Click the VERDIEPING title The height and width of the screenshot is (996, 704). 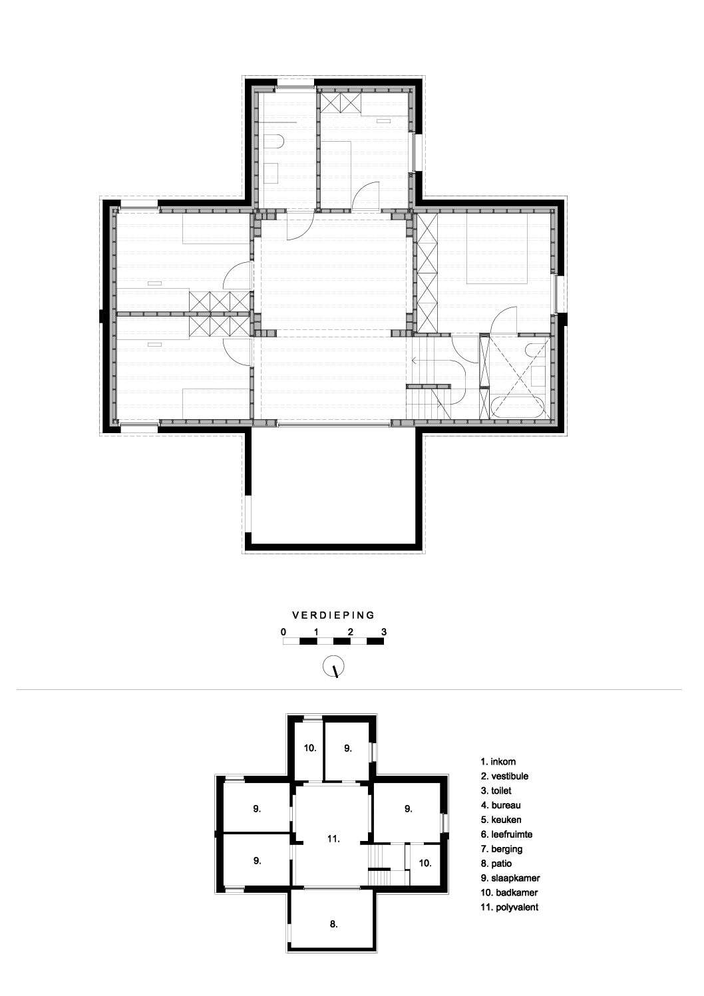coord(333,615)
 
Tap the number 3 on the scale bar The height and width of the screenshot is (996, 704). coord(384,632)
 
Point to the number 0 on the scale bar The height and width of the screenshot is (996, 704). coord(283,632)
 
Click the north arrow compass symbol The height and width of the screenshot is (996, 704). coord(333,667)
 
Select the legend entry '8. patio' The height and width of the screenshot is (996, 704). coord(496,864)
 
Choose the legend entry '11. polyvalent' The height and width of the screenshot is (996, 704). coord(510,907)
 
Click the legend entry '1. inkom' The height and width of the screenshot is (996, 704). coord(498,762)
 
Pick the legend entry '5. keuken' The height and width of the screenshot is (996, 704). coord(501,820)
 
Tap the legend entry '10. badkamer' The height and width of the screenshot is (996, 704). coord(509,892)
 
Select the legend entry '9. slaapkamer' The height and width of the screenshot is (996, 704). coord(510,878)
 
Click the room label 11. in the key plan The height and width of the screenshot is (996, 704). coord(333,839)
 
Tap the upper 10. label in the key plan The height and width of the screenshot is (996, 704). coord(310,748)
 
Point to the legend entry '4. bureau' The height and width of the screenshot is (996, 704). coord(501,805)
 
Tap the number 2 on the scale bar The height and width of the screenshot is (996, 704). coord(351,632)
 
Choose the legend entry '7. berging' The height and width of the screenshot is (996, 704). coord(502,849)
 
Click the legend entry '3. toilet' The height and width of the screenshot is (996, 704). coord(496,790)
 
